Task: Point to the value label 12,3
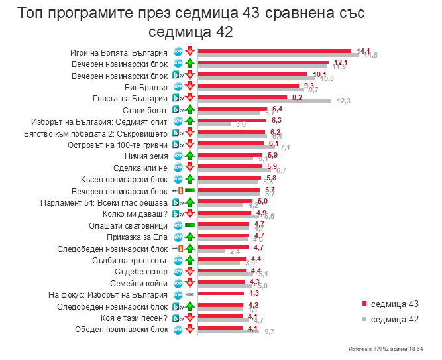click(343, 101)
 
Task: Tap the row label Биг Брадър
click(146, 87)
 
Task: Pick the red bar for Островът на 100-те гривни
click(231, 144)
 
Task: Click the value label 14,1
click(363, 50)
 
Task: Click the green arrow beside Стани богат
click(190, 110)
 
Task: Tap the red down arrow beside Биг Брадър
click(190, 87)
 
